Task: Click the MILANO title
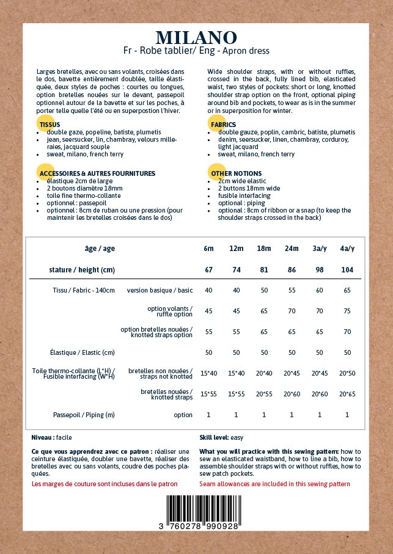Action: point(196,38)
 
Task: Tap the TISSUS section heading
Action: point(50,125)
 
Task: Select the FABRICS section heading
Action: point(223,125)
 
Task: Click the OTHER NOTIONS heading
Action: point(236,173)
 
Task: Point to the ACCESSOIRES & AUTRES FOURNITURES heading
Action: point(97,173)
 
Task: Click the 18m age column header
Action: point(264,249)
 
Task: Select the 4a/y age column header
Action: point(347,249)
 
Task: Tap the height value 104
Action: point(347,269)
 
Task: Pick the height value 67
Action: point(208,269)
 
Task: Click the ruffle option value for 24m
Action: point(292,311)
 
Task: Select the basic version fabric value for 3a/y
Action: point(320,290)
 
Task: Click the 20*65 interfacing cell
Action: point(347,394)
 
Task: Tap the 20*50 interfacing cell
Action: point(347,373)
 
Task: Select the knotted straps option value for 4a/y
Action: point(347,332)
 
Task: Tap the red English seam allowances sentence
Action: point(274,484)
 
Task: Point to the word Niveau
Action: point(42,437)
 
